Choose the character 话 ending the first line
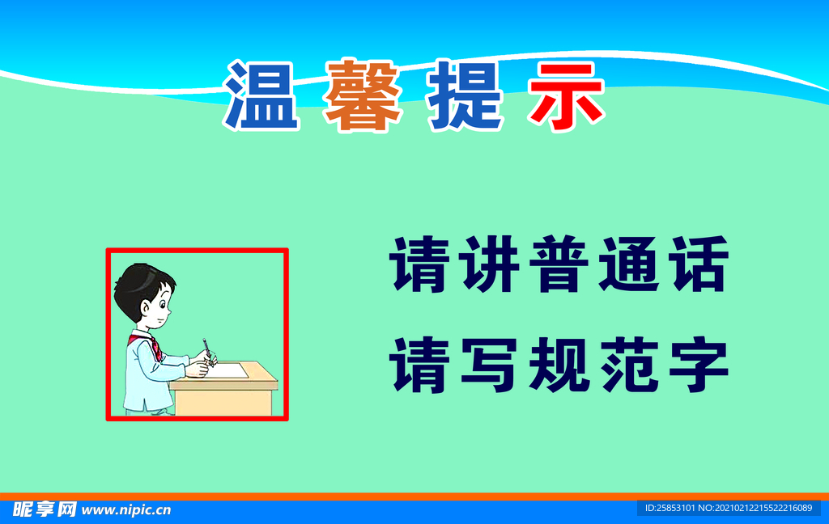(x=696, y=264)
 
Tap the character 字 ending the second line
(x=696, y=365)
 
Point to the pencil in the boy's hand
(x=208, y=350)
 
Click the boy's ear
(x=147, y=307)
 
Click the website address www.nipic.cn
(x=126, y=509)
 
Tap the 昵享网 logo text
(x=45, y=509)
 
